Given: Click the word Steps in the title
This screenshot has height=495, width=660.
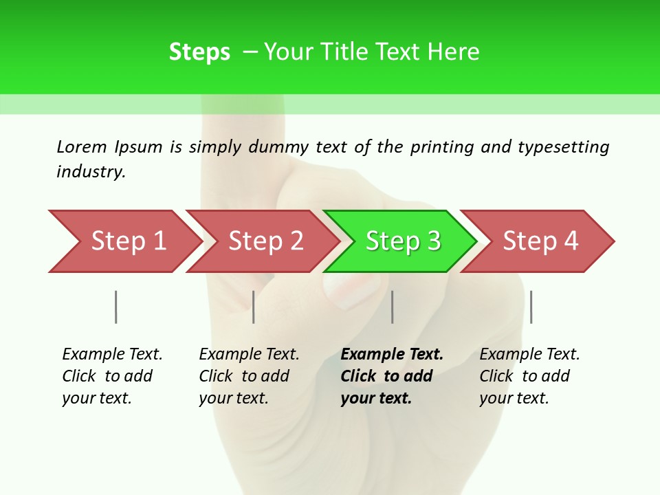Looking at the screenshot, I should tap(199, 52).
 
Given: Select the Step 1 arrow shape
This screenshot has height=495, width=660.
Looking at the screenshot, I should tap(124, 241).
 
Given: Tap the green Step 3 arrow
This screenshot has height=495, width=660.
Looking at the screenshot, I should tap(402, 241).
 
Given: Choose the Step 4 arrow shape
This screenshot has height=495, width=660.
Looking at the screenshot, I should tap(540, 241).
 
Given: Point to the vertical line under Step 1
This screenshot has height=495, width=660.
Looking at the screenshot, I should tap(116, 307).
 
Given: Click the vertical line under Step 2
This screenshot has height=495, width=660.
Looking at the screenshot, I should tap(254, 307).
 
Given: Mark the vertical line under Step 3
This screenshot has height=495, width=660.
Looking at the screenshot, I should tap(393, 307).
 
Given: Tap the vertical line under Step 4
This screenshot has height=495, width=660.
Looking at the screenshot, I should tap(531, 307).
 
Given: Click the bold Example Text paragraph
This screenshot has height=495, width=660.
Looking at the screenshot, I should tap(391, 376).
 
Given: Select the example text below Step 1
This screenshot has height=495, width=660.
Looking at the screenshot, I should tap(111, 376).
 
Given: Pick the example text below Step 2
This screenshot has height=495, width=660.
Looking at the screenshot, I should tap(248, 376).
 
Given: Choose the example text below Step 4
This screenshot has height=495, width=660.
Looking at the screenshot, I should tap(529, 376).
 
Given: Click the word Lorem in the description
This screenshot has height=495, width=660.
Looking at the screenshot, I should tap(82, 147).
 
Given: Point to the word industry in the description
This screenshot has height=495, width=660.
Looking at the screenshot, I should tap(90, 172).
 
